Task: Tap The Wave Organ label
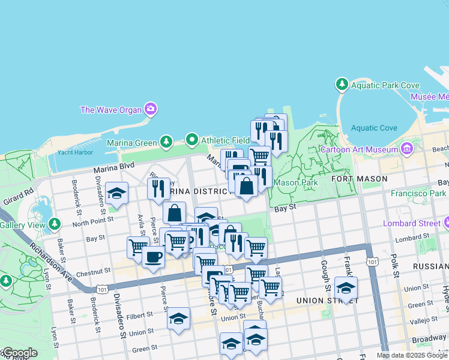click(111, 109)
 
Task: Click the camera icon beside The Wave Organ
click(151, 109)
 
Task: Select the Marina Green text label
click(131, 142)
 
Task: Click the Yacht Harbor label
click(75, 152)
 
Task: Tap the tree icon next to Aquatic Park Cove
click(342, 85)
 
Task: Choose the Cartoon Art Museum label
click(359, 149)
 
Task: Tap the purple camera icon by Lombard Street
click(447, 223)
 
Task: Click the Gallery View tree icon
click(55, 224)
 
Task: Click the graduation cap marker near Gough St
click(346, 287)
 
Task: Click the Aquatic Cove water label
click(374, 128)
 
